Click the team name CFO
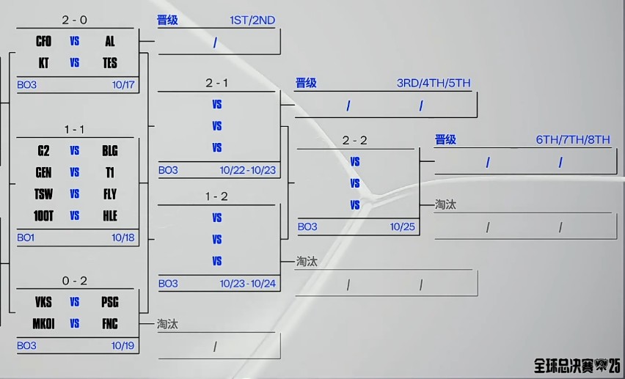pyautogui.click(x=43, y=42)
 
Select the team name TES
pyautogui.click(x=110, y=63)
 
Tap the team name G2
pyautogui.click(x=43, y=151)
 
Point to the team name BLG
pyautogui.click(x=110, y=151)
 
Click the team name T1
pyautogui.click(x=110, y=172)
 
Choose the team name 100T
pyautogui.click(x=43, y=216)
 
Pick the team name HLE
pyautogui.click(x=110, y=216)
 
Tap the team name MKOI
pyautogui.click(x=43, y=323)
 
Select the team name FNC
pyautogui.click(x=110, y=323)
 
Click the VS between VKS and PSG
pyautogui.click(x=75, y=302)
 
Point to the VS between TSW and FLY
pyautogui.click(x=75, y=194)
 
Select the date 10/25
pyautogui.click(x=403, y=227)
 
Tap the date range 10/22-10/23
pyautogui.click(x=248, y=170)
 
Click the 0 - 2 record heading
pyautogui.click(x=75, y=281)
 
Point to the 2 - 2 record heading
pyautogui.click(x=355, y=140)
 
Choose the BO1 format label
pyautogui.click(x=26, y=238)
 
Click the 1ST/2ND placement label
pyautogui.click(x=252, y=21)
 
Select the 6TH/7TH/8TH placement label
pyautogui.click(x=573, y=140)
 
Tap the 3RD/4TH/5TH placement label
pyautogui.click(x=434, y=83)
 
